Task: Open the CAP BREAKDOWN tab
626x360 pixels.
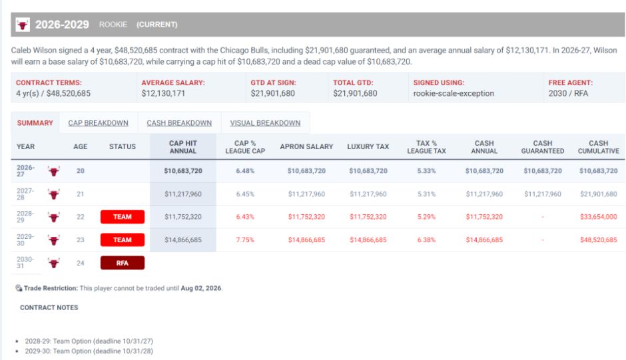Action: point(98,123)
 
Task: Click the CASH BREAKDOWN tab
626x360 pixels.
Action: point(179,123)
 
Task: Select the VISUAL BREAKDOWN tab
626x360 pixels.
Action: point(265,123)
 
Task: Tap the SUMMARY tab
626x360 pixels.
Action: point(35,123)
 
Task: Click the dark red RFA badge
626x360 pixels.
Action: point(122,263)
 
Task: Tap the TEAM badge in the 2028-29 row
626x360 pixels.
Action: point(122,217)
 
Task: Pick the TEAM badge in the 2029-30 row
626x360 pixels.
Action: point(122,240)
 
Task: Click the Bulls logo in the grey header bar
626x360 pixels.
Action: point(23,25)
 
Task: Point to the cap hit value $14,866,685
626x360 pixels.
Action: point(183,240)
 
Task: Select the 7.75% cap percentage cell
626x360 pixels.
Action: point(245,240)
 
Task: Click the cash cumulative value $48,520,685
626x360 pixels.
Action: point(599,240)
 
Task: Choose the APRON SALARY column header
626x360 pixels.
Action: point(306,146)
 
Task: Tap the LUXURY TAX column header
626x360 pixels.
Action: point(368,146)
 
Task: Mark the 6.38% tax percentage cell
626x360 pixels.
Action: point(426,240)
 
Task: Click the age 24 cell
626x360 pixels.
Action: point(80,263)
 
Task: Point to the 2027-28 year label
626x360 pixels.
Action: point(25,194)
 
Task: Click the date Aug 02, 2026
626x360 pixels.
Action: point(201,288)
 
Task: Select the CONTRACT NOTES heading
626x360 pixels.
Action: point(49,307)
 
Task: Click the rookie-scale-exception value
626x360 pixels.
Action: point(454,93)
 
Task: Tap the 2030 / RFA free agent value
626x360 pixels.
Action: point(568,93)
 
